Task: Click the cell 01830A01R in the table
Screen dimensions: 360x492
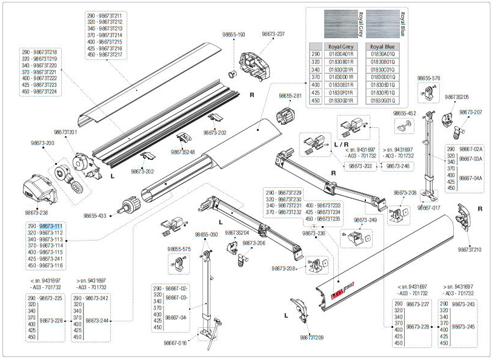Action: click(341, 54)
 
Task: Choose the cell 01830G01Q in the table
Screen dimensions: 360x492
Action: click(382, 100)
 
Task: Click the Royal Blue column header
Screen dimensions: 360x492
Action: click(382, 46)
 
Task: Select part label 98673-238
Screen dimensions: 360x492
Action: click(37, 213)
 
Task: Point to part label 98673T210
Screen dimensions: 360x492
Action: click(469, 250)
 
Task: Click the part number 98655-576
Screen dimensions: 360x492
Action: click(428, 78)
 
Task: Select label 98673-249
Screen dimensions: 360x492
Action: click(365, 220)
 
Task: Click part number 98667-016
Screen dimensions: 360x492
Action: click(175, 342)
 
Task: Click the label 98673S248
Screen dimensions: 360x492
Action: click(183, 152)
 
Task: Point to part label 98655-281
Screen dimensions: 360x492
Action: click(290, 96)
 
